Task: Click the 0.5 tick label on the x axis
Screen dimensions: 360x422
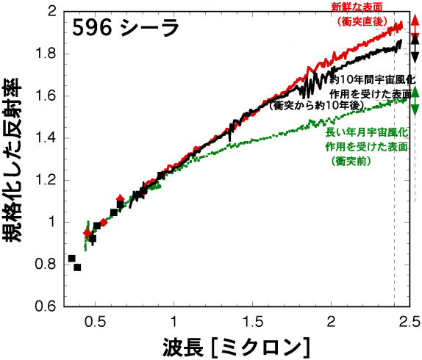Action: [94, 320]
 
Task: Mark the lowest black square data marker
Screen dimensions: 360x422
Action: [77, 267]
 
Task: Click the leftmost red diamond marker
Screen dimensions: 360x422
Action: [87, 233]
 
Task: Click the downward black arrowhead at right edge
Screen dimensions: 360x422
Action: [415, 56]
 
